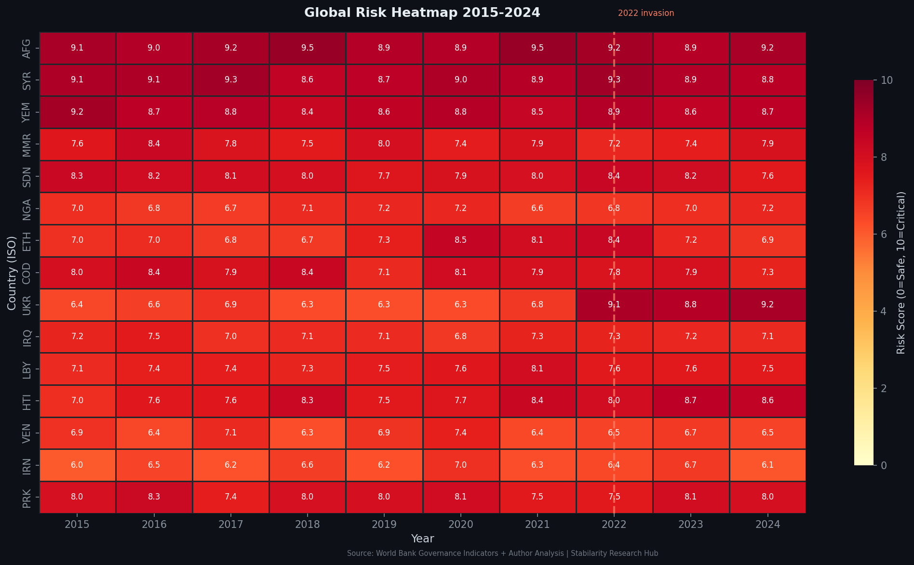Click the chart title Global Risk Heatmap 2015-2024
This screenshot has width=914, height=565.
[x=422, y=13]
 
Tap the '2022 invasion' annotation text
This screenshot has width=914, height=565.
[x=646, y=13]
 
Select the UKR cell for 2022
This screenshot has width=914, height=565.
[x=614, y=304]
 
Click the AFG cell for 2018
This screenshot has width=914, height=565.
[x=307, y=48]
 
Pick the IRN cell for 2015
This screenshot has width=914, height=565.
[x=77, y=465]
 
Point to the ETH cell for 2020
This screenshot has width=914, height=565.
[x=461, y=240]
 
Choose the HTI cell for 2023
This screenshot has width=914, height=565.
[x=691, y=401]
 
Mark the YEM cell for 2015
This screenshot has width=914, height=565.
[x=77, y=112]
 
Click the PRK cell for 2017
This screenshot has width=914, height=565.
[x=230, y=497]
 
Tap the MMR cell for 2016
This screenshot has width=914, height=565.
[x=154, y=144]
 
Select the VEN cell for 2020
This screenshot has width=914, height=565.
[x=461, y=433]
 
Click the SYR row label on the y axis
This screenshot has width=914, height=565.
[x=27, y=80]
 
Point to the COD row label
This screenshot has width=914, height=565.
[x=27, y=272]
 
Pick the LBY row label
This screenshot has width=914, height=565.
[x=27, y=368]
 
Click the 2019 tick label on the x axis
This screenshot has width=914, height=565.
[x=384, y=524]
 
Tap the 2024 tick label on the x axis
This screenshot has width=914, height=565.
[x=767, y=524]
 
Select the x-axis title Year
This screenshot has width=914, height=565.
[x=422, y=539]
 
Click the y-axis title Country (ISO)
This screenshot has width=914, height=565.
[x=12, y=273]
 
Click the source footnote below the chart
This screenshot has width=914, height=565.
[x=502, y=553]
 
